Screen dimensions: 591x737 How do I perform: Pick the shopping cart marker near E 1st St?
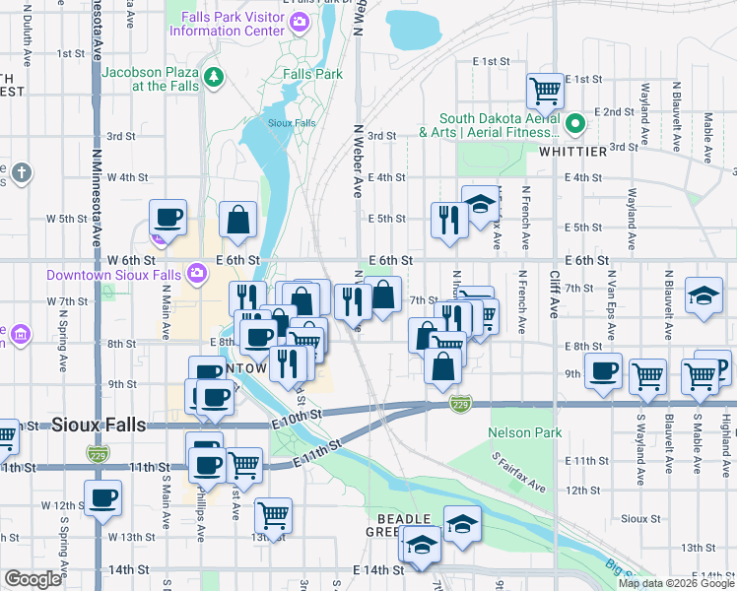pyautogui.click(x=545, y=91)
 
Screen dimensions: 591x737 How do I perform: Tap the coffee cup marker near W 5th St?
pyautogui.click(x=167, y=218)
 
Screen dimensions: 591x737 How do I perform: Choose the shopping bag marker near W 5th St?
pyautogui.click(x=238, y=220)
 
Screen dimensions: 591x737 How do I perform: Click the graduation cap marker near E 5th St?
pyautogui.click(x=480, y=205)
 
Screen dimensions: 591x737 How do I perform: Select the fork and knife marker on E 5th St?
pyautogui.click(x=448, y=221)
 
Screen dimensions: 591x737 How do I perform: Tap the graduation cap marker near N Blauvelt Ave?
pyautogui.click(x=703, y=295)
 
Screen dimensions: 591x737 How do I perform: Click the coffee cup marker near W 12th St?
pyautogui.click(x=102, y=497)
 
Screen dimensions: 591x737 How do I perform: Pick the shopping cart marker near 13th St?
pyautogui.click(x=273, y=515)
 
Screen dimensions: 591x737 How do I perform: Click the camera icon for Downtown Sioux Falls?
pyautogui.click(x=197, y=273)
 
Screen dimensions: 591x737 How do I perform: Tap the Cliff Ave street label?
pyautogui.click(x=555, y=295)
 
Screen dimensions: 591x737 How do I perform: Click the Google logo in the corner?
pyautogui.click(x=33, y=579)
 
